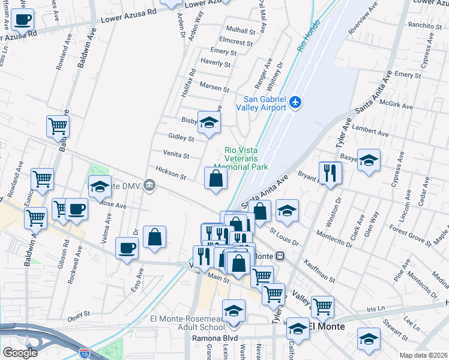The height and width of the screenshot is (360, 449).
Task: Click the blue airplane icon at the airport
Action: pyautogui.click(x=294, y=102)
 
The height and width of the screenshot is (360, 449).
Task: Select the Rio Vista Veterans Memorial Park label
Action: pyautogui.click(x=246, y=159)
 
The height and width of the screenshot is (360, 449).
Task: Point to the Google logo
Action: pyautogui.click(x=20, y=353)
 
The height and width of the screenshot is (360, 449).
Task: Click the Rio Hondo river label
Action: pyautogui.click(x=307, y=43)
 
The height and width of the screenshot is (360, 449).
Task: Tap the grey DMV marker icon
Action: pyautogui.click(x=149, y=188)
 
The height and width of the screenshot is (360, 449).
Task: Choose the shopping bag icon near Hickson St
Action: pyautogui.click(x=215, y=178)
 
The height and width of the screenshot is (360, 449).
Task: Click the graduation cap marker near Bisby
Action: pyautogui.click(x=209, y=123)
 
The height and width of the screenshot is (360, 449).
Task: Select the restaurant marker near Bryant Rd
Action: pyautogui.click(x=330, y=173)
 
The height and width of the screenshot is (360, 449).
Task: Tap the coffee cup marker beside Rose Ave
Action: pyautogui.click(x=76, y=209)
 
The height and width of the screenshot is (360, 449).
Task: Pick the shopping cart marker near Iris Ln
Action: pyautogui.click(x=322, y=307)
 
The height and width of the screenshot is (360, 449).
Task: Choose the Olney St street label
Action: pyautogui.click(x=78, y=313)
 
